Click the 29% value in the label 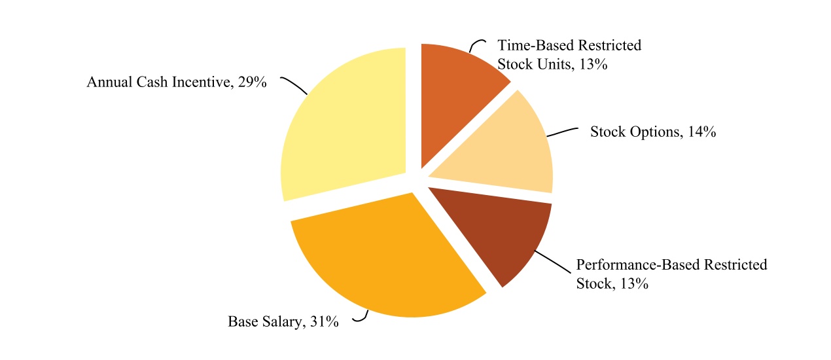point(252,83)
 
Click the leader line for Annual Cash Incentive point(294,86)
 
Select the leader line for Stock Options point(563,131)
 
